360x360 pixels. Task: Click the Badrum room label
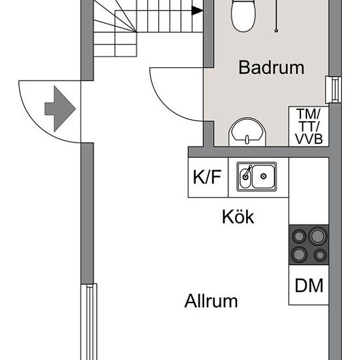272,67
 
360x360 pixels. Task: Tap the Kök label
238,217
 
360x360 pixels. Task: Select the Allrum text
211,301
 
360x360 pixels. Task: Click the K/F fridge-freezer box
208,177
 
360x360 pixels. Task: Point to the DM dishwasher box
309,285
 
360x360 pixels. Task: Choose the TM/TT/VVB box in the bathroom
309,126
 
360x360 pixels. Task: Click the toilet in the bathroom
243,15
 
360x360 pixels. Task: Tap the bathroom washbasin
247,132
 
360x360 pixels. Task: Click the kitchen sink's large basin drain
263,176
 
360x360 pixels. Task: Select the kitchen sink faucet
247,172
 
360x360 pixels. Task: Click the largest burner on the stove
317,236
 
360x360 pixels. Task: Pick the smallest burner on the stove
320,255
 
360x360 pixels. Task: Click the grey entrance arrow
60,109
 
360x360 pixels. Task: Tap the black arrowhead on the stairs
197,10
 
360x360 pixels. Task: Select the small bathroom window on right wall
333,90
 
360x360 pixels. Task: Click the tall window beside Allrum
89,322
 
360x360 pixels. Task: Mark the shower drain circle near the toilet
276,30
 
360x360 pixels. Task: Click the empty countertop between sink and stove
309,191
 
